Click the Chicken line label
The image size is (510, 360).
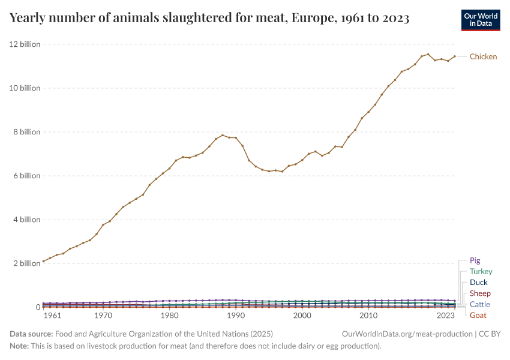click(483, 57)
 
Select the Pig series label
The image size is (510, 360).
click(475, 261)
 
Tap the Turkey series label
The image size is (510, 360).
click(481, 272)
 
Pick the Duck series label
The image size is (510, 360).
click(478, 283)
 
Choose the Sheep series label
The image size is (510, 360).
click(480, 293)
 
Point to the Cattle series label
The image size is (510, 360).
click(479, 305)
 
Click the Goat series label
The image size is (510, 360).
click(478, 316)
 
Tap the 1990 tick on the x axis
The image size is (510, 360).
click(236, 316)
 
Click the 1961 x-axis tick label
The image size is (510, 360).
click(52, 316)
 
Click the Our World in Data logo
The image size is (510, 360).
click(480, 20)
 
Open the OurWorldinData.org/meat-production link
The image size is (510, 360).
click(406, 334)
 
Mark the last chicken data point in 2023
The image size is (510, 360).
click(455, 56)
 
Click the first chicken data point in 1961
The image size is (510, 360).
click(44, 261)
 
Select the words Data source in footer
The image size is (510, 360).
click(31, 334)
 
